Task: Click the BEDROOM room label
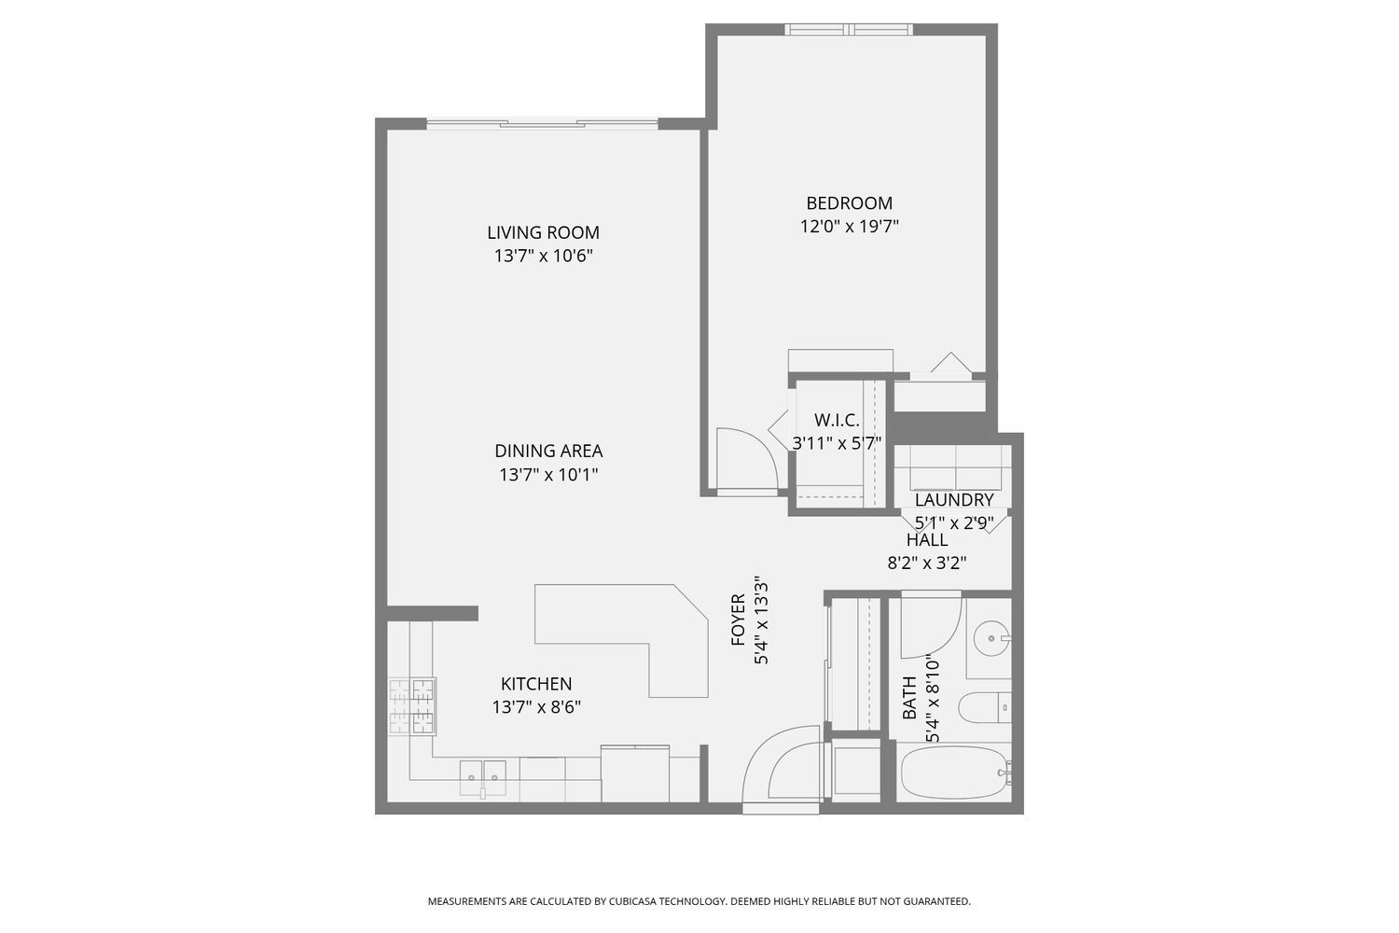pyautogui.click(x=849, y=203)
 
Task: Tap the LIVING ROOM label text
pyautogui.click(x=543, y=232)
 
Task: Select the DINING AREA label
pyautogui.click(x=548, y=451)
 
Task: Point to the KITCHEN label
pyautogui.click(x=536, y=684)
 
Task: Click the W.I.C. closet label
pyautogui.click(x=837, y=420)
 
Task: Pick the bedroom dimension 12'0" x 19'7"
pyautogui.click(x=850, y=226)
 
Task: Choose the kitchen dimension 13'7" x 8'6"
pyautogui.click(x=536, y=707)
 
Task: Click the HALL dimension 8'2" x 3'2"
pyautogui.click(x=927, y=564)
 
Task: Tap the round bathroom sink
pyautogui.click(x=991, y=639)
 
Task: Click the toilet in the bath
pyautogui.click(x=985, y=707)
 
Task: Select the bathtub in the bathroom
pyautogui.click(x=956, y=773)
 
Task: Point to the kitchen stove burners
pyautogui.click(x=411, y=706)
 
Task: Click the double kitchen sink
pyautogui.click(x=483, y=778)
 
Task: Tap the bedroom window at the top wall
pyautogui.click(x=849, y=29)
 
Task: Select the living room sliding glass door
pyautogui.click(x=542, y=124)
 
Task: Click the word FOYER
pyautogui.click(x=739, y=620)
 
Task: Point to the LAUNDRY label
pyautogui.click(x=954, y=500)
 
